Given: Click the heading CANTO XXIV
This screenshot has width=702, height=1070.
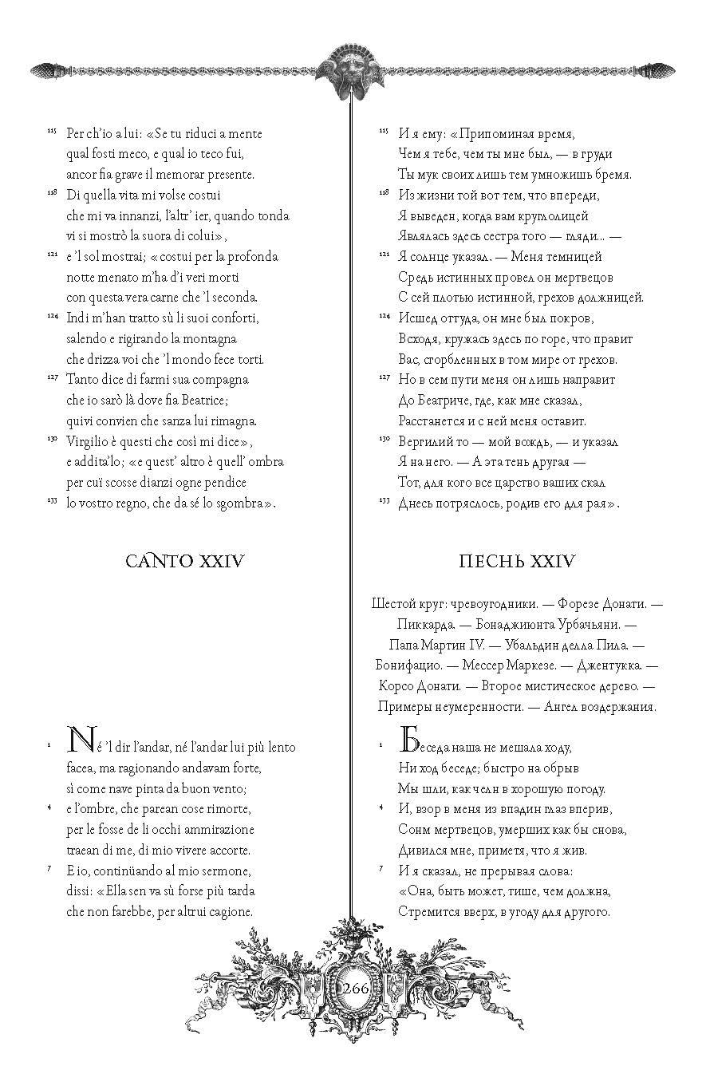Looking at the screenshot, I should (184, 561).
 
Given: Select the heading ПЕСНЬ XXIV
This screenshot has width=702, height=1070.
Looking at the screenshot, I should (517, 561).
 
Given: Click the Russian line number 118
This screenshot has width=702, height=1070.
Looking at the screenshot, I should (384, 192).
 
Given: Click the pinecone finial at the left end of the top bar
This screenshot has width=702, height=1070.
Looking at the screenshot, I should (43, 71).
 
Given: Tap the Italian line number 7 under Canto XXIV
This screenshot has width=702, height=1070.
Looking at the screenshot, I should (49, 868).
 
